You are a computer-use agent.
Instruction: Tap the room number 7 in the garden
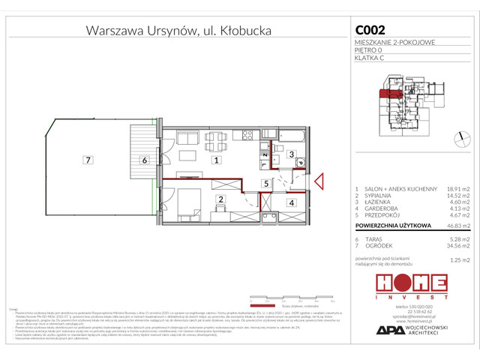point(88,160)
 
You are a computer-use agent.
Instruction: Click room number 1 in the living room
point(216,160)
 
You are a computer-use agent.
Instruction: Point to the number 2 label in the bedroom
point(220,199)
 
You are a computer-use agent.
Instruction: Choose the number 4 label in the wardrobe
point(291,202)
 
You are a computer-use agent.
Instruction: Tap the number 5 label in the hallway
point(265,183)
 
